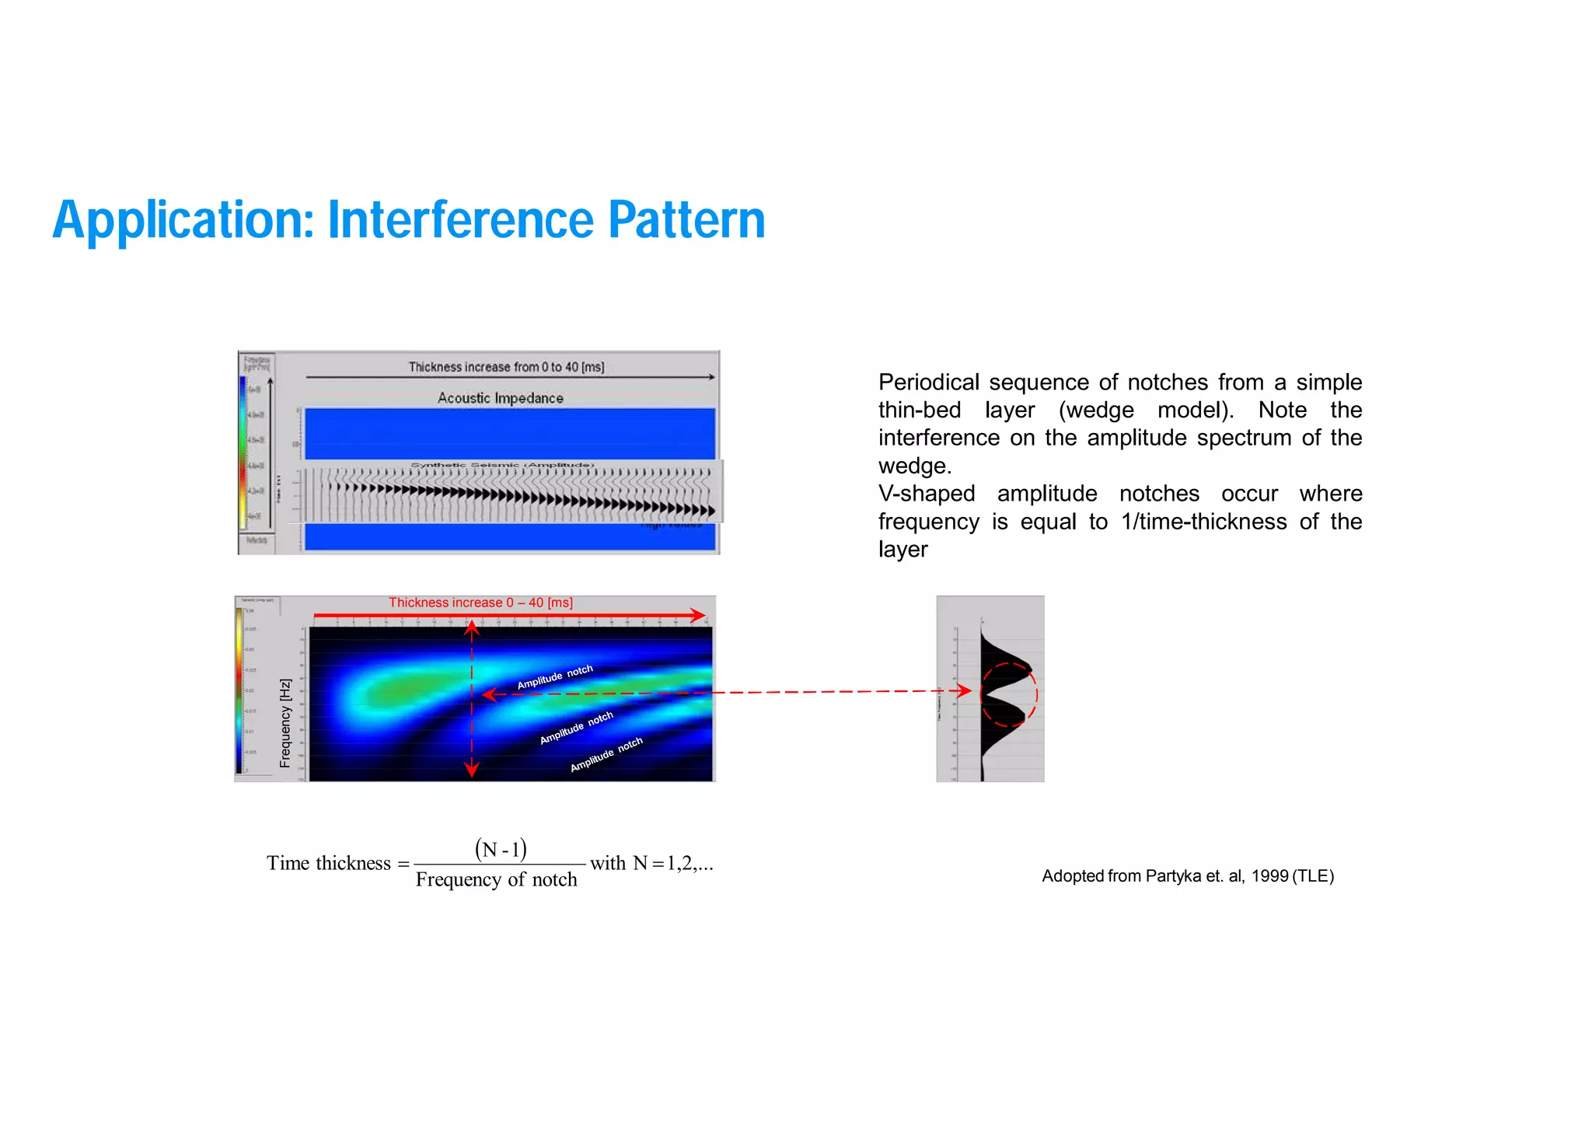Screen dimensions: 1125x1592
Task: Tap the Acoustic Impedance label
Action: click(500, 398)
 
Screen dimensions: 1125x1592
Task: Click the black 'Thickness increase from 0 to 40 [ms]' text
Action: click(506, 367)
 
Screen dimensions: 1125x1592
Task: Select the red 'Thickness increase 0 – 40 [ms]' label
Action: click(480, 603)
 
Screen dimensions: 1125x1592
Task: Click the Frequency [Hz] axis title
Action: click(285, 723)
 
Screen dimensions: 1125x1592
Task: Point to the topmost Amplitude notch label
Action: click(555, 676)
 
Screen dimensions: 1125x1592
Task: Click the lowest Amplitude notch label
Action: click(606, 754)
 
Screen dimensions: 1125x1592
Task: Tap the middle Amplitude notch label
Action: click(576, 727)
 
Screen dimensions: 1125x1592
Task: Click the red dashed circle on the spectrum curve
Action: click(1009, 694)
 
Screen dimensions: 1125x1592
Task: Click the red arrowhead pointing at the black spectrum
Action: click(965, 690)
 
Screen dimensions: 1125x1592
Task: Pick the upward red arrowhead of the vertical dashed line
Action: click(472, 627)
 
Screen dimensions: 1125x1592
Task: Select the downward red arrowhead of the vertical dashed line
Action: click(471, 770)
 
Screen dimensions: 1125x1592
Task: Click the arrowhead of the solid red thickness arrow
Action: click(698, 615)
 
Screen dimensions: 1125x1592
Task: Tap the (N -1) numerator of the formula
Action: click(501, 849)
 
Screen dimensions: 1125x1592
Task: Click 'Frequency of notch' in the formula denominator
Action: click(496, 879)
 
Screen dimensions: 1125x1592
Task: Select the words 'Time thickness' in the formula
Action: click(328, 863)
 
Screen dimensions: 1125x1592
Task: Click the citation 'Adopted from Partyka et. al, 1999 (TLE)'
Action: click(1187, 876)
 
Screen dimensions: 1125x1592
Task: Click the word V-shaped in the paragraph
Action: click(926, 494)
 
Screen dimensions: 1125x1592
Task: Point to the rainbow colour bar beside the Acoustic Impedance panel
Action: click(243, 451)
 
